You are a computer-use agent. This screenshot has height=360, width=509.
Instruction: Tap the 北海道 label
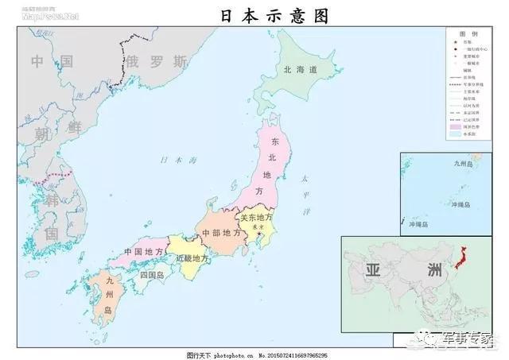click(300, 70)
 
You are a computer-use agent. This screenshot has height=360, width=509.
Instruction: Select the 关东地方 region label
click(256, 218)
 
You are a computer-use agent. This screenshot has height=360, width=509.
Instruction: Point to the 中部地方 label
click(221, 233)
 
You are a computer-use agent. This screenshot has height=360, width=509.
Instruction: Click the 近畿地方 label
click(192, 259)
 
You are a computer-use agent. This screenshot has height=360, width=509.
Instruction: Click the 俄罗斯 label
click(157, 61)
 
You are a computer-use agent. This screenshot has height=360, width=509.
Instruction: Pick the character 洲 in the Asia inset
click(433, 269)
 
